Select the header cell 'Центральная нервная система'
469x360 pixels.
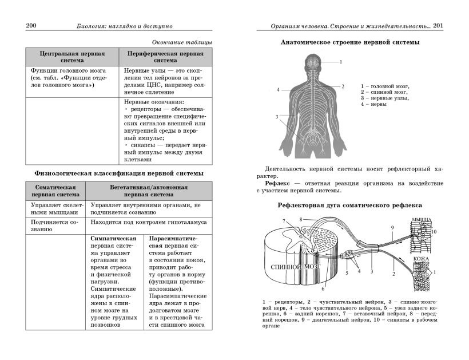(71, 56)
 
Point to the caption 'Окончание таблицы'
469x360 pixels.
(182, 42)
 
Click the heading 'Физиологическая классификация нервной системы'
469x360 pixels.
(119, 173)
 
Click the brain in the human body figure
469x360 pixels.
(312, 61)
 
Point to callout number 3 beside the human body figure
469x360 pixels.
(277, 117)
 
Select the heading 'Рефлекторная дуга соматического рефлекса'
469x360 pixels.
(350, 205)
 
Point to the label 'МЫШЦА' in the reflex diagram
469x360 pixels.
(421, 220)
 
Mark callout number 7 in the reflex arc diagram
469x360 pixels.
(283, 221)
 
